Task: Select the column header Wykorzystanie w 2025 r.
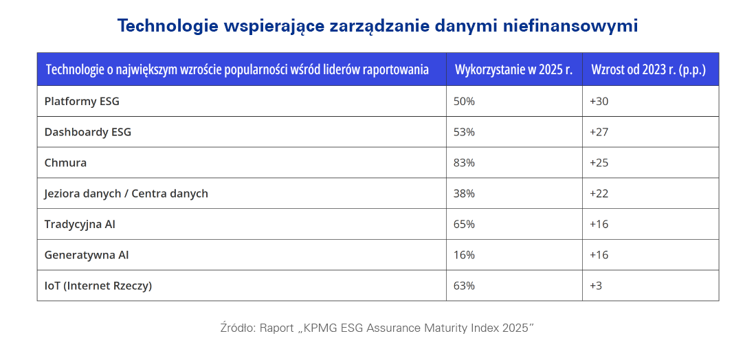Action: click(x=513, y=69)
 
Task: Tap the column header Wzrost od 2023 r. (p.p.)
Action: click(x=648, y=69)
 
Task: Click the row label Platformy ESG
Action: click(x=82, y=101)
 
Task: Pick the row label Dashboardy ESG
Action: click(x=87, y=132)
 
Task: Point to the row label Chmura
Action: click(x=65, y=163)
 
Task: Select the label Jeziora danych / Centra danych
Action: click(x=126, y=194)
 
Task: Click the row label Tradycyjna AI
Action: click(x=80, y=224)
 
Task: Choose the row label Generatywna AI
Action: click(x=87, y=255)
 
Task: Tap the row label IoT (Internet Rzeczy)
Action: click(x=98, y=286)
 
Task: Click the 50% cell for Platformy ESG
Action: click(x=464, y=101)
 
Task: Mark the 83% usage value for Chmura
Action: click(x=464, y=163)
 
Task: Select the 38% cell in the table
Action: click(x=464, y=194)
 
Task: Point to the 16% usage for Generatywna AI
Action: click(x=464, y=255)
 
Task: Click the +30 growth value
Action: click(x=599, y=101)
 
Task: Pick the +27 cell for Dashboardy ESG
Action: click(x=599, y=132)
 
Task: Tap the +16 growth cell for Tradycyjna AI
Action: click(x=599, y=224)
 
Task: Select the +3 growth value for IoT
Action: click(x=596, y=286)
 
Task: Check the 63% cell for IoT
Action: click(x=464, y=286)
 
